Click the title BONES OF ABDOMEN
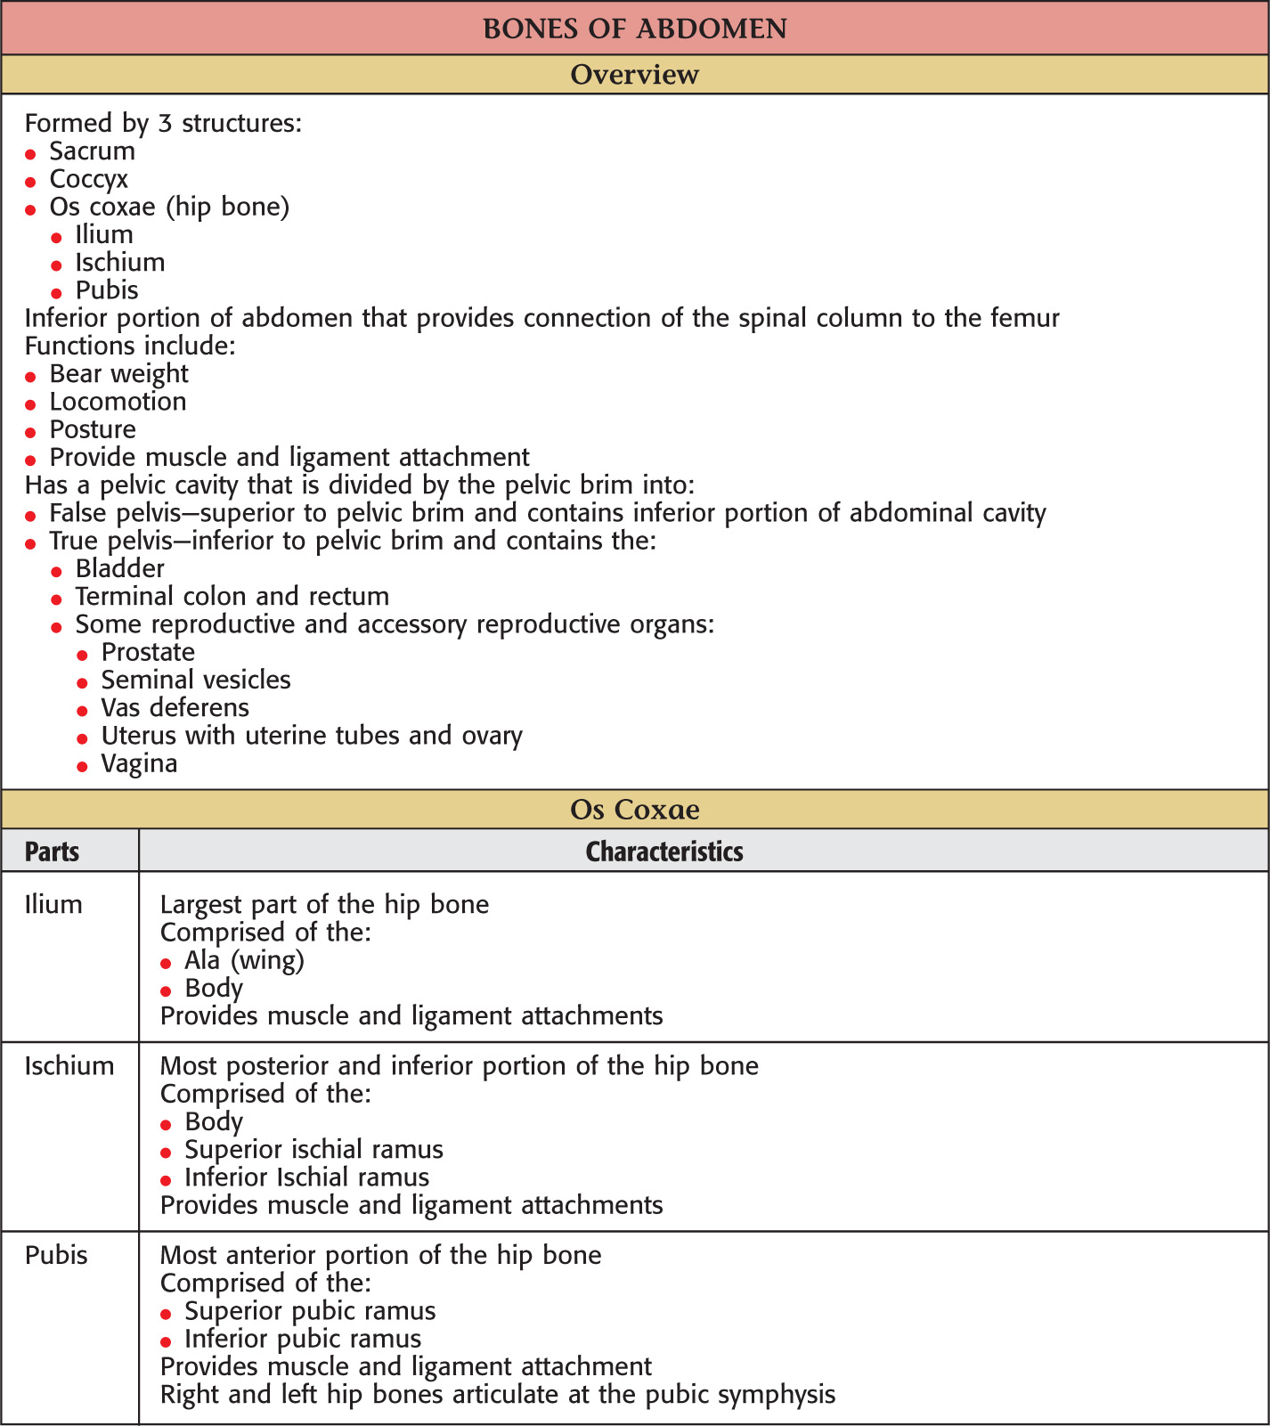tap(635, 29)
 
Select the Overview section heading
tap(635, 75)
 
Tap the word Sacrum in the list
tap(93, 151)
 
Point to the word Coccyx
tap(89, 179)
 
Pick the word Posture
tap(93, 429)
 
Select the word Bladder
tap(120, 568)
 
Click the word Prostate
tap(148, 652)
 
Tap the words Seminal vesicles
tap(196, 680)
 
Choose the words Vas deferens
tap(175, 707)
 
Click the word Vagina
tap(139, 763)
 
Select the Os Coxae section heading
tap(635, 810)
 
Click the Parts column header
tap(52, 852)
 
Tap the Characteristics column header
tap(664, 852)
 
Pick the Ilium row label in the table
tap(53, 904)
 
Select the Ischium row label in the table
tap(69, 1065)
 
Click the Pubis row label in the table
tap(56, 1255)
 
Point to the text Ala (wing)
tap(245, 960)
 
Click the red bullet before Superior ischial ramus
tap(166, 1153)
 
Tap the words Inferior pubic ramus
tap(303, 1339)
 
